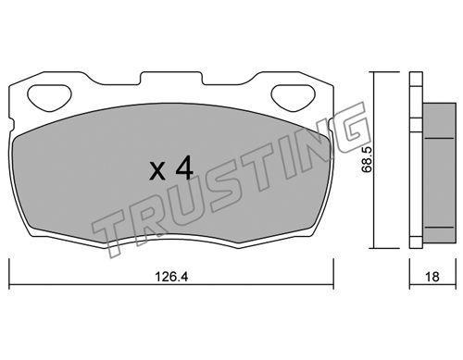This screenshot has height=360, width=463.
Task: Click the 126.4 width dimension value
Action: [x=171, y=277]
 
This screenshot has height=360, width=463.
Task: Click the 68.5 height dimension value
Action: [x=368, y=159]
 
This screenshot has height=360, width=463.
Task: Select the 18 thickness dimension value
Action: [x=432, y=277]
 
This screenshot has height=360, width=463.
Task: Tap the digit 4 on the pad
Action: [x=184, y=168]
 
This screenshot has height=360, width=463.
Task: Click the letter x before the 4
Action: [x=157, y=171]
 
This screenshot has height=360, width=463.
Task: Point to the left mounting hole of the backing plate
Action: [x=49, y=97]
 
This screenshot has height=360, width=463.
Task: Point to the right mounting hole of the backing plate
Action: [x=294, y=97]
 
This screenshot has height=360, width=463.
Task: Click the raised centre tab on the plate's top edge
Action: [x=171, y=78]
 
